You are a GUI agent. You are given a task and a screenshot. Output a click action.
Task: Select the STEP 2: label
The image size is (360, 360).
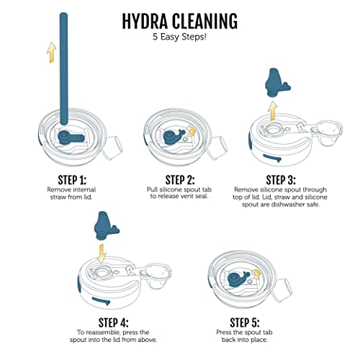click(x=179, y=180)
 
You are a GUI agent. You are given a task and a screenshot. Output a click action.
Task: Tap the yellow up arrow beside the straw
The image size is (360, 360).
click(x=51, y=52)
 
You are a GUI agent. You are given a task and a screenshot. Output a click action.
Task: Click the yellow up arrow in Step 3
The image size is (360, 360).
click(x=272, y=109)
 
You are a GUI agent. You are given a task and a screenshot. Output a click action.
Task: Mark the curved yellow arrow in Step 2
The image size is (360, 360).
click(x=192, y=130)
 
